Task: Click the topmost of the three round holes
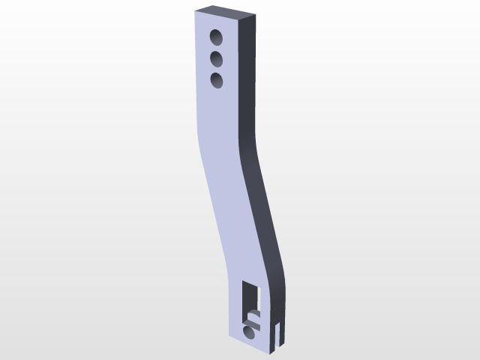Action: (x=217, y=37)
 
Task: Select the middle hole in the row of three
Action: (x=217, y=58)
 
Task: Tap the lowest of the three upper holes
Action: (x=217, y=79)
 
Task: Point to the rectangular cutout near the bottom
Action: (x=252, y=300)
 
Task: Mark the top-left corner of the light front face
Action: (x=195, y=14)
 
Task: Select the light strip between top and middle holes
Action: (x=217, y=47)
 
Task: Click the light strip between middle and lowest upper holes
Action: (x=217, y=68)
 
